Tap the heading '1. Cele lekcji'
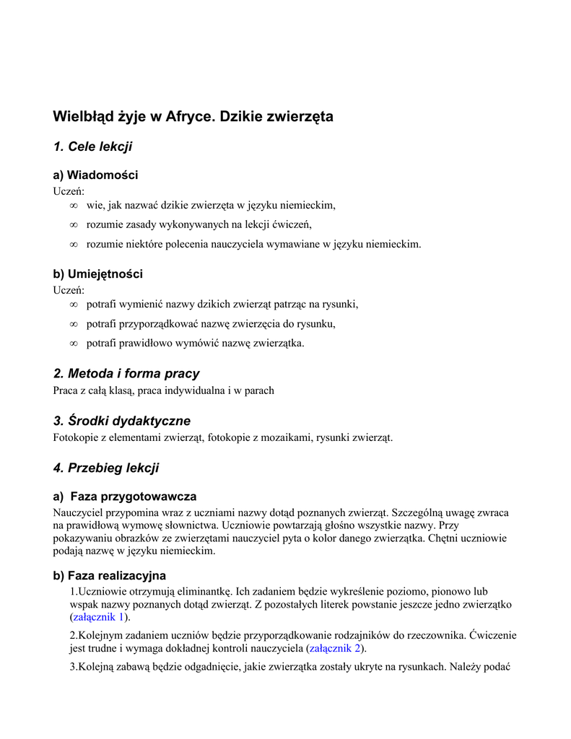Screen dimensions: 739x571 (92, 147)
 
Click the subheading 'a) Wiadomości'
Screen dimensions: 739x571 (95, 175)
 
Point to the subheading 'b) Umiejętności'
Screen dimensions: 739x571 (97, 274)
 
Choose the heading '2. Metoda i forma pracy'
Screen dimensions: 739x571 (126, 373)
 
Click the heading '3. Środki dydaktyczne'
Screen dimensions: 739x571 (122, 421)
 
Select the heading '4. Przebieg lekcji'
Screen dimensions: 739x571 (106, 468)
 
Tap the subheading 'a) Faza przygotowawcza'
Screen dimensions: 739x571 (125, 497)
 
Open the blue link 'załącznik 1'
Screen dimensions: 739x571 (99, 617)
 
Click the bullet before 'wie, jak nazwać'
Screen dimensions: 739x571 (73, 206)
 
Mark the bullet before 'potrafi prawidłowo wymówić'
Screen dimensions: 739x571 (73, 344)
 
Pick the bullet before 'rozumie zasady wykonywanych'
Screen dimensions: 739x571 (73, 225)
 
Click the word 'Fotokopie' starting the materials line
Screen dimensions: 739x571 (75, 438)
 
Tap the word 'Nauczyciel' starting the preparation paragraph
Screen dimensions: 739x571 (79, 512)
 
